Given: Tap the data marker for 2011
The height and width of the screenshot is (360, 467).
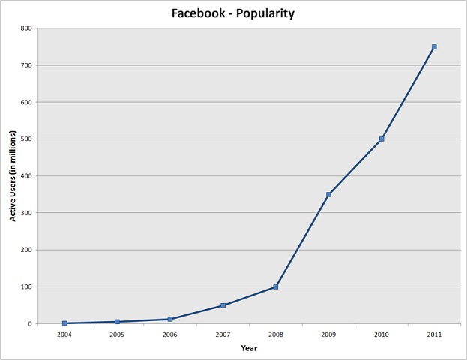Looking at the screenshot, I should [434, 46].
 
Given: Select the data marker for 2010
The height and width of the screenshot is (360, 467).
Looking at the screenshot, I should [382, 139].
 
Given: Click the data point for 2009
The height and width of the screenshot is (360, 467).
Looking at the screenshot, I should [328, 194].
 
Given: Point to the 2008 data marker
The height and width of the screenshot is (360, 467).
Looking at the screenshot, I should [276, 286].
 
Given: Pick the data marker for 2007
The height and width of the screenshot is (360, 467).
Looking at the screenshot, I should [223, 305].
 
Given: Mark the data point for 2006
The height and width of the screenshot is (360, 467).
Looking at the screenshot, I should [170, 319].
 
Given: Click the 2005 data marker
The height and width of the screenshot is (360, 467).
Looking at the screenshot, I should [118, 322].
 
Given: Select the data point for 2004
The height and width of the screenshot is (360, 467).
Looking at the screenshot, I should [64, 323].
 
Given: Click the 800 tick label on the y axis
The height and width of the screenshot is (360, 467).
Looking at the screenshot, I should [27, 28].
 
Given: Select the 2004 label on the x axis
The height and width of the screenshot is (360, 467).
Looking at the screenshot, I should [64, 334].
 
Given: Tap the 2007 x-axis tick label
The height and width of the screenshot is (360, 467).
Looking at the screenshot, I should [223, 334].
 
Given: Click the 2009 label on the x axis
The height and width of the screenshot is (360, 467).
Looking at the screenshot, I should [328, 334].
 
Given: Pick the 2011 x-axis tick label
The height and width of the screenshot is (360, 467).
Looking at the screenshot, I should [434, 334].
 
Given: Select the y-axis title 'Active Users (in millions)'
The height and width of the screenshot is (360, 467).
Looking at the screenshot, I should [13, 176].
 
